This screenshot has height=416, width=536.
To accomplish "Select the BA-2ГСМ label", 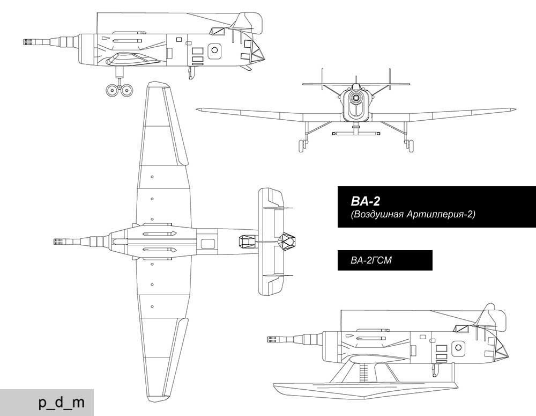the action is (371, 260).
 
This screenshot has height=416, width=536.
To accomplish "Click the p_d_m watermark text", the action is (62, 403).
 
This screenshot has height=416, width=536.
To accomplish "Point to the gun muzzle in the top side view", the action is (27, 42).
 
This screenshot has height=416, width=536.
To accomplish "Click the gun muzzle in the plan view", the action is (57, 242).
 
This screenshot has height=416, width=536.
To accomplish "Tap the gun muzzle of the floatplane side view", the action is (271, 340).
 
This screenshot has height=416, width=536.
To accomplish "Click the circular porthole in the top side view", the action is (214, 50).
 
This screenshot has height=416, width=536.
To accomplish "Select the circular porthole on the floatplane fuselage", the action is (458, 348).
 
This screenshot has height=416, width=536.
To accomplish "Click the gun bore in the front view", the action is (356, 98).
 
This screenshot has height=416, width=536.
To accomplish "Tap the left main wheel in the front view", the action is (302, 145).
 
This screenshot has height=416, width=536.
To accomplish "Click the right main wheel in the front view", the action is (410, 145).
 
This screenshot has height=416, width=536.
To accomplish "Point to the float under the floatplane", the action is (365, 388).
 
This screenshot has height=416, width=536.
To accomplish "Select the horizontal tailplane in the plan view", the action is (270, 242).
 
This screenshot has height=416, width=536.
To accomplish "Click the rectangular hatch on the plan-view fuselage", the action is (208, 244).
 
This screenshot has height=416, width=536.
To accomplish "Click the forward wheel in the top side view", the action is (112, 90).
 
